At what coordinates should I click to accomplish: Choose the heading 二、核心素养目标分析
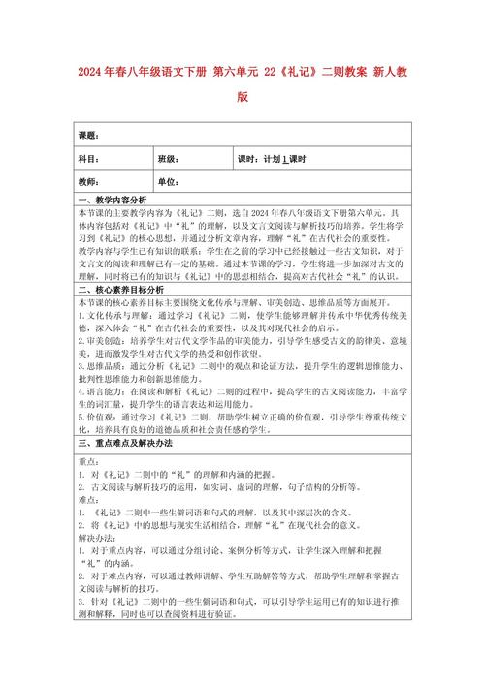point(120,290)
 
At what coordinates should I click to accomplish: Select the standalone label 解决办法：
point(95,563)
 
